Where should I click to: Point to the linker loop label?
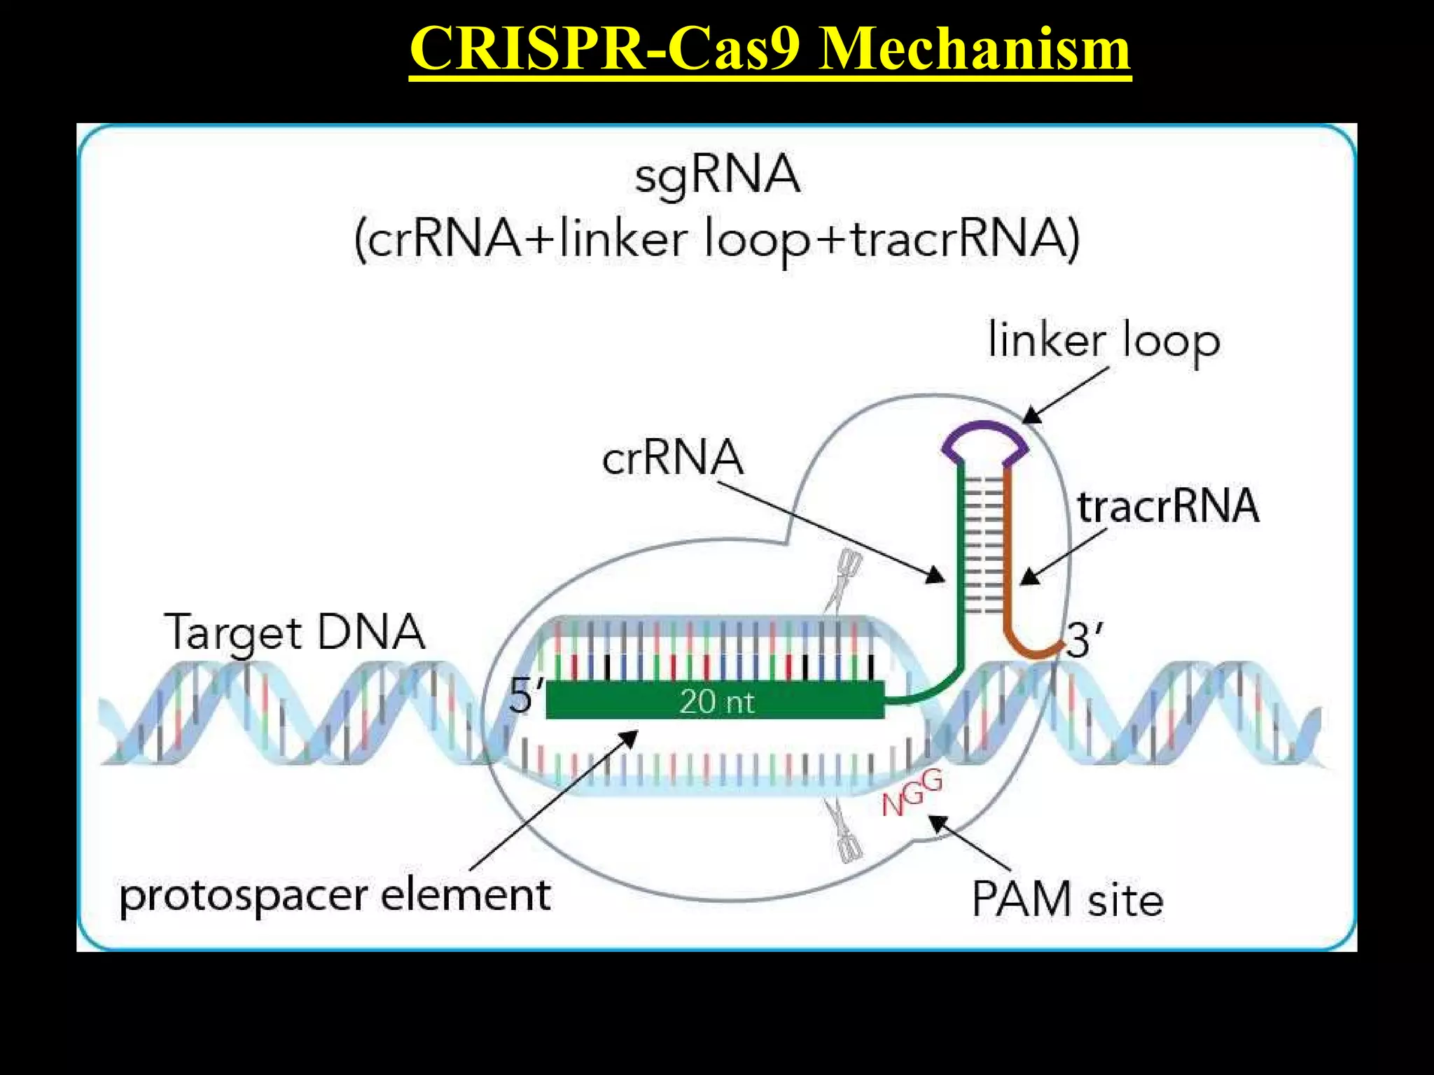[1104, 341]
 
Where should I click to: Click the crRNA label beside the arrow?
[672, 458]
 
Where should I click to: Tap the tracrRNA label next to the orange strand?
[1167, 506]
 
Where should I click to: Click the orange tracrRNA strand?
[1008, 560]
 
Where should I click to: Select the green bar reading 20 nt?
[715, 701]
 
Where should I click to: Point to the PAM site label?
[1067, 899]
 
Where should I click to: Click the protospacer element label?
[335, 895]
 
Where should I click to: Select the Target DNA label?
[294, 632]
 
